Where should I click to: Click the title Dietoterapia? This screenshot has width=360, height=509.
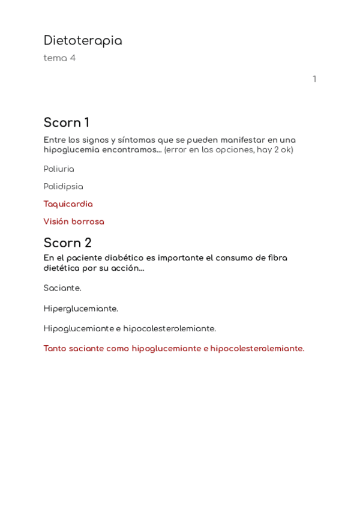tap(83, 41)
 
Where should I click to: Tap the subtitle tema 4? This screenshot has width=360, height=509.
tap(59, 58)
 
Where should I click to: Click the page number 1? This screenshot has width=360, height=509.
tap(314, 79)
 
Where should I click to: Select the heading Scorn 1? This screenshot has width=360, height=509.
tap(66, 123)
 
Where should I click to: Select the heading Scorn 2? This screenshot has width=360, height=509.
tap(67, 243)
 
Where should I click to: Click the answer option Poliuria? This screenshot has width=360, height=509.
tap(59, 169)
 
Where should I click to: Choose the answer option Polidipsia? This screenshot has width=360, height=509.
tap(63, 187)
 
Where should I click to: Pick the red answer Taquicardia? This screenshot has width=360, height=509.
tap(68, 204)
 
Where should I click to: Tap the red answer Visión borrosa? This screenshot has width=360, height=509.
tap(74, 221)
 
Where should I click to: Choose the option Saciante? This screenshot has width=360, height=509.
tap(62, 288)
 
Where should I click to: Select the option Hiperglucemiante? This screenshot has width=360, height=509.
tap(80, 309)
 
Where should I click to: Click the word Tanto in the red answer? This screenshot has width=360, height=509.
tap(56, 349)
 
